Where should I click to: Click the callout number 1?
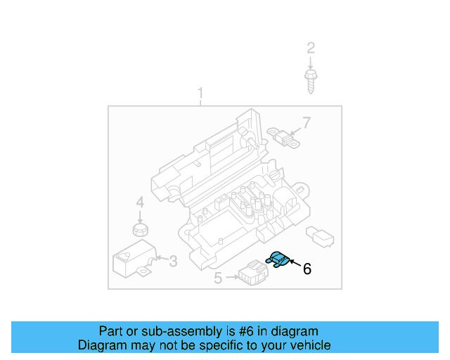click(x=201, y=94)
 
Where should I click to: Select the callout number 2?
click(x=310, y=48)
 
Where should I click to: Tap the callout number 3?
click(x=174, y=262)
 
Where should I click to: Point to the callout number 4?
click(x=140, y=202)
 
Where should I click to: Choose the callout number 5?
click(x=218, y=279)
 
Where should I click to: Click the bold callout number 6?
click(x=307, y=268)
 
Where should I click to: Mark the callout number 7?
click(x=305, y=124)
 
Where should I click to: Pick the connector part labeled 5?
click(x=250, y=273)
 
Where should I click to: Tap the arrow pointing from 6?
click(x=294, y=264)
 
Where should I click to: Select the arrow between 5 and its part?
click(x=231, y=278)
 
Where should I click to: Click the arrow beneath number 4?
click(x=141, y=214)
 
